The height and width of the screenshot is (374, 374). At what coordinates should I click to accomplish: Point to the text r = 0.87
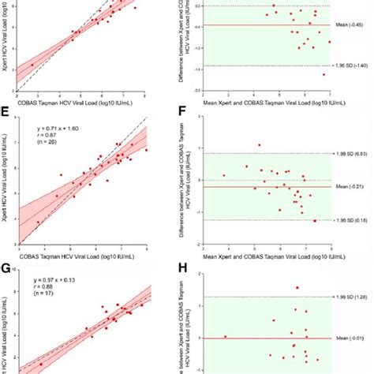(x=47, y=134)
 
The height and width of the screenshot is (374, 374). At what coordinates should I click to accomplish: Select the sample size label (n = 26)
(x=49, y=142)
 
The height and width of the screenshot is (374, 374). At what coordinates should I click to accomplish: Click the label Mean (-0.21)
(x=351, y=186)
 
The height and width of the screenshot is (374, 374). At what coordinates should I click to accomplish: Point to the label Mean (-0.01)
(x=351, y=338)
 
